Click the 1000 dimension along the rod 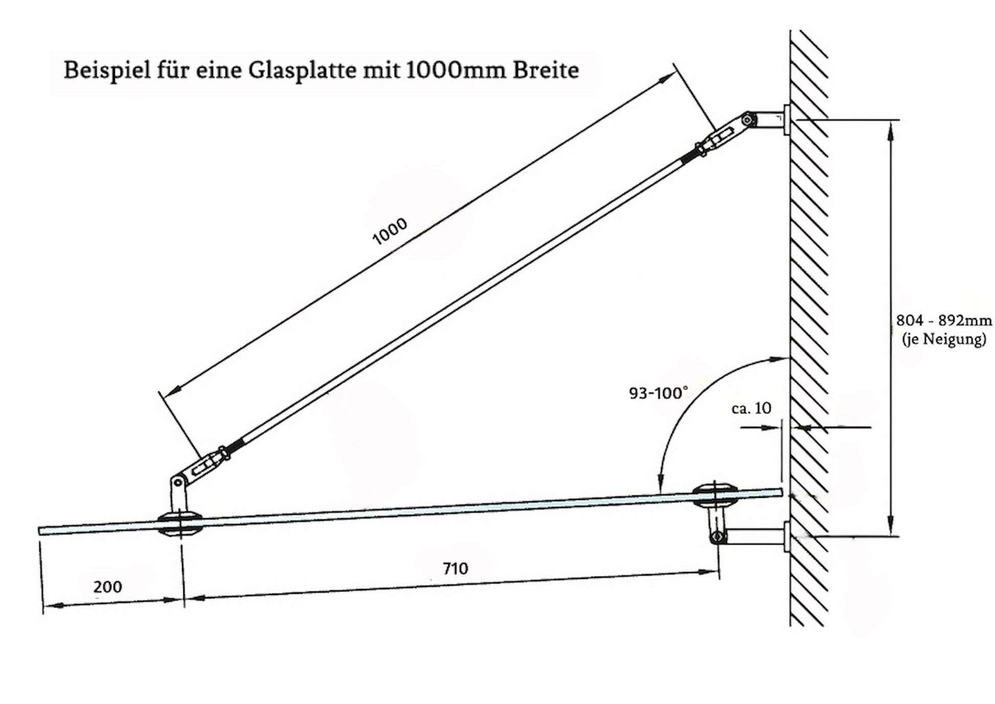tap(390, 231)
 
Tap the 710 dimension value tap(455, 568)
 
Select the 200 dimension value tap(107, 586)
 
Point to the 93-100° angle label tap(658, 393)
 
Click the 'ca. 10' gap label tap(751, 408)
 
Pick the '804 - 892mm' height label tap(943, 321)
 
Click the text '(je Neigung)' tap(944, 339)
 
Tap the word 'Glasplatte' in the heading tap(303, 71)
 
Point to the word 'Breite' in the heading tap(546, 71)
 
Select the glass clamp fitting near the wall tap(714, 495)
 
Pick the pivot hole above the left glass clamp tap(178, 482)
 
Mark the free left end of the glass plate tap(41, 531)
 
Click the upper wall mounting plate tap(786, 120)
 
